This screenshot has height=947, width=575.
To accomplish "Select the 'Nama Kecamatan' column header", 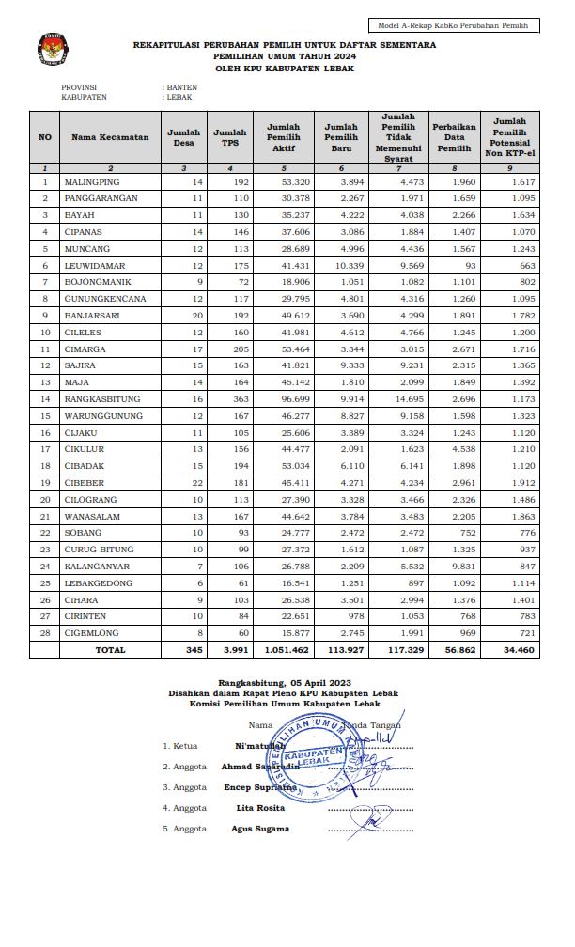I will (x=110, y=137).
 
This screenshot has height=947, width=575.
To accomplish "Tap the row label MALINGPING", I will (x=93, y=181).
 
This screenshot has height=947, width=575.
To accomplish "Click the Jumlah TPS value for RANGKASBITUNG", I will (x=237, y=399).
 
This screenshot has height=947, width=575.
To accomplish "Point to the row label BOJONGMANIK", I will (x=97, y=282).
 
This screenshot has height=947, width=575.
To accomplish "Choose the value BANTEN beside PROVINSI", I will (x=182, y=86).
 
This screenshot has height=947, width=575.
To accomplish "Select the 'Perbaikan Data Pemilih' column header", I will (x=454, y=137).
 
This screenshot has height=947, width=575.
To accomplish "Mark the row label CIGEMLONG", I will (x=92, y=633).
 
